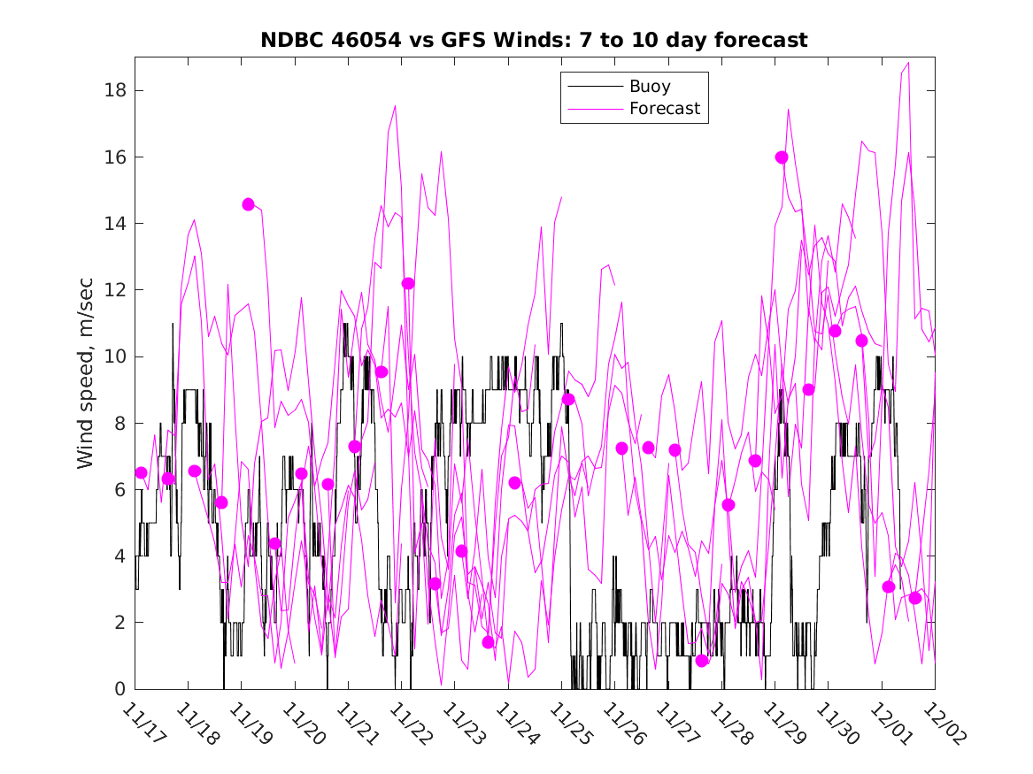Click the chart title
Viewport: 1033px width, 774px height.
(534, 41)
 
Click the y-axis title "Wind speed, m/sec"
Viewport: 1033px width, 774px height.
(86, 372)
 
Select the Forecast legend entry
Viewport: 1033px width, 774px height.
(664, 109)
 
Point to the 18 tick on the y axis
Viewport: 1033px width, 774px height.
(114, 90)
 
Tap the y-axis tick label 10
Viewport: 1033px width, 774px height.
(114, 356)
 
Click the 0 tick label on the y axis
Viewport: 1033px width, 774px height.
(119, 689)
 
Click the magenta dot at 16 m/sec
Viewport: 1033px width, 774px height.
(782, 157)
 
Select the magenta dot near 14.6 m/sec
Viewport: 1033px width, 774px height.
(248, 204)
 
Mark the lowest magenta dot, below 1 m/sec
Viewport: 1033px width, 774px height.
(702, 661)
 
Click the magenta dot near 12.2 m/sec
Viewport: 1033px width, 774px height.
(408, 283)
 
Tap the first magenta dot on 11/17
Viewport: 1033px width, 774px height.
(141, 472)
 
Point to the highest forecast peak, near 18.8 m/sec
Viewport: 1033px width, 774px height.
(908, 63)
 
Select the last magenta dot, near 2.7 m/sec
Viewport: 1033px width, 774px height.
(914, 598)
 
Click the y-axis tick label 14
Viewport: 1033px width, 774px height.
(114, 223)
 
